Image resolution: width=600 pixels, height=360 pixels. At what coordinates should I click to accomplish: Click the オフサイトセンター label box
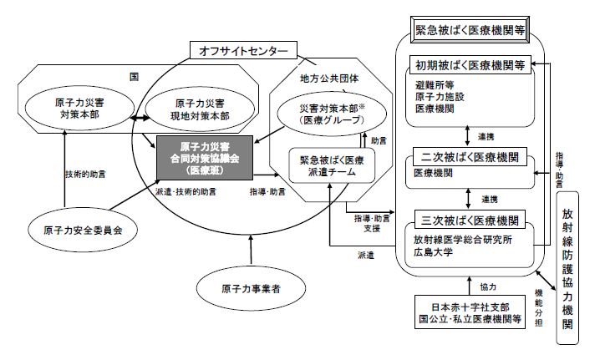click(x=243, y=50)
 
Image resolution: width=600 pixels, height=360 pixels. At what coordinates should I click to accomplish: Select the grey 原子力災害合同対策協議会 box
click(x=205, y=158)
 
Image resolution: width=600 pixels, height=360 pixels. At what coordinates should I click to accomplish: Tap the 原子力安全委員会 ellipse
click(x=83, y=231)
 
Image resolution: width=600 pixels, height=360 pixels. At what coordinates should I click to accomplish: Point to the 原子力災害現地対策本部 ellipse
click(x=200, y=109)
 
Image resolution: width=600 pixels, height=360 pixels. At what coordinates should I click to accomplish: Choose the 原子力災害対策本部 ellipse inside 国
click(x=79, y=109)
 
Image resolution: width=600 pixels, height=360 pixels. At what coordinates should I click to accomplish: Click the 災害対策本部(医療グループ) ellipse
click(x=332, y=114)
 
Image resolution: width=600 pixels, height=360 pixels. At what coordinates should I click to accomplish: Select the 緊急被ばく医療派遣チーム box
click(x=332, y=166)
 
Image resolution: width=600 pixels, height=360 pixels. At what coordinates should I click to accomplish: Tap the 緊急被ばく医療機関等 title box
click(x=470, y=30)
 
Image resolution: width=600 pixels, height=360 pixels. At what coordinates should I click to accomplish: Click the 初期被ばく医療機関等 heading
click(x=470, y=65)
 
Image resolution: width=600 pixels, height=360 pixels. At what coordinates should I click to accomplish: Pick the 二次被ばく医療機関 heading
click(x=470, y=157)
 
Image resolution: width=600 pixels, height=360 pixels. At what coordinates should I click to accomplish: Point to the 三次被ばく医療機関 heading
click(x=470, y=220)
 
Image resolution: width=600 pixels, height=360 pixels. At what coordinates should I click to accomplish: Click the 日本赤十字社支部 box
click(x=470, y=312)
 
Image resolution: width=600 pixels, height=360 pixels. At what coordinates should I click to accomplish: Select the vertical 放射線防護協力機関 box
click(x=567, y=268)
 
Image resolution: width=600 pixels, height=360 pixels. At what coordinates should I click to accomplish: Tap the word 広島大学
click(x=433, y=252)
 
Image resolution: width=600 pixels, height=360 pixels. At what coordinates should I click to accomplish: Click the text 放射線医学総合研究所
click(x=463, y=240)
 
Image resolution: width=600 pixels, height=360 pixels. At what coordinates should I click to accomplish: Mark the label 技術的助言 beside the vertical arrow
click(x=85, y=175)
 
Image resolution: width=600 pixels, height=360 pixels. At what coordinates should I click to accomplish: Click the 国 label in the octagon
click(x=134, y=77)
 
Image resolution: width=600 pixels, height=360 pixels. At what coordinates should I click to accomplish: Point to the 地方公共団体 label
click(x=329, y=79)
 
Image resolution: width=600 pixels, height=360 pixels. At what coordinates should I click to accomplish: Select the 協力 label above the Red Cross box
click(x=488, y=287)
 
